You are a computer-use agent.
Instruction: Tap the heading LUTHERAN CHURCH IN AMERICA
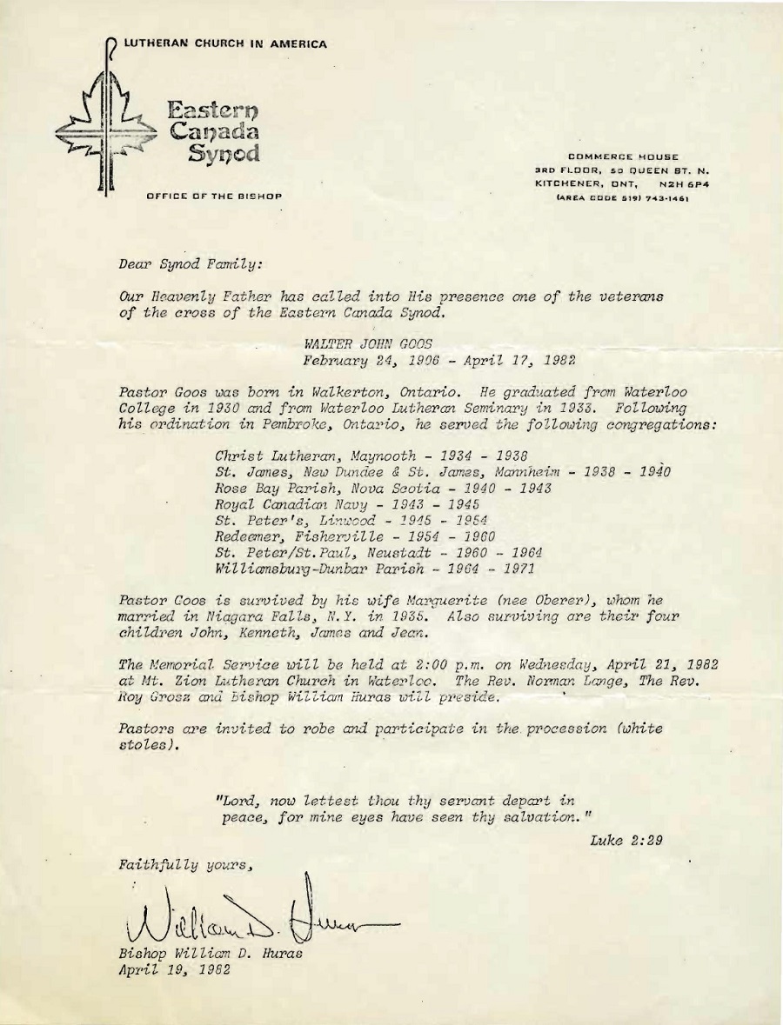pyautogui.click(x=224, y=44)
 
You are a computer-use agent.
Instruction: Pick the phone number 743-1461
pyautogui.click(x=664, y=196)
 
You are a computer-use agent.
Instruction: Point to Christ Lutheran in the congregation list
pyautogui.click(x=269, y=456)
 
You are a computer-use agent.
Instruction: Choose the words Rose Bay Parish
pyautogui.click(x=265, y=488)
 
